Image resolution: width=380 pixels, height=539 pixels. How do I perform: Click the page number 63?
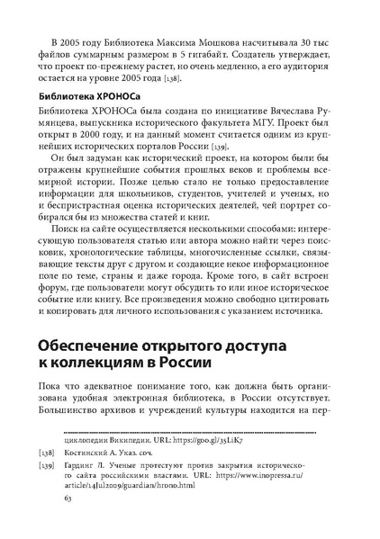click(x=60, y=521)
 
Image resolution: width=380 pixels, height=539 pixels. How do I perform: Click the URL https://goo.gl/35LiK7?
click(x=201, y=455)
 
